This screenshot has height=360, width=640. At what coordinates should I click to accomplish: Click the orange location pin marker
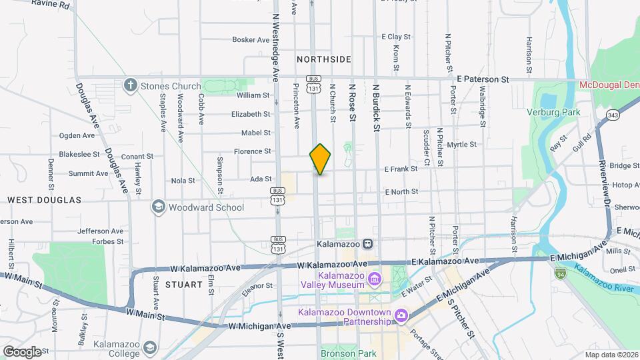tap(320, 159)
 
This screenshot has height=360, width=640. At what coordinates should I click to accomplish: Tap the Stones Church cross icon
tap(130, 86)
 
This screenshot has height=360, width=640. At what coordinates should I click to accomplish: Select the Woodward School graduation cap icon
tap(158, 207)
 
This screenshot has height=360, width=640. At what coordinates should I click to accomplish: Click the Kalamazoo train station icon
tap(367, 244)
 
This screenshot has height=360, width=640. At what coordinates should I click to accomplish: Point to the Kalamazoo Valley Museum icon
tap(375, 278)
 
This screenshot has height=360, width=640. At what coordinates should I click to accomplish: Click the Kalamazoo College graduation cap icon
tap(151, 348)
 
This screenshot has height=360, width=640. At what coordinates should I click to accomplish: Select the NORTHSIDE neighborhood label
tap(324, 59)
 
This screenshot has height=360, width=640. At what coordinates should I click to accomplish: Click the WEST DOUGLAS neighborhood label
tap(44, 200)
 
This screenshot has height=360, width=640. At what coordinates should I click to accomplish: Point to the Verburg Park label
tap(553, 112)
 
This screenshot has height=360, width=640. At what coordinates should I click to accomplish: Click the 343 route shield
tap(612, 116)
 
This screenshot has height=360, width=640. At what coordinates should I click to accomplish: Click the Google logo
tap(21, 351)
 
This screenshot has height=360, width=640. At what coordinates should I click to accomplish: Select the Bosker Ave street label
tap(251, 40)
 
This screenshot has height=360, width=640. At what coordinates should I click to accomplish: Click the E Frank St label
tap(401, 169)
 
